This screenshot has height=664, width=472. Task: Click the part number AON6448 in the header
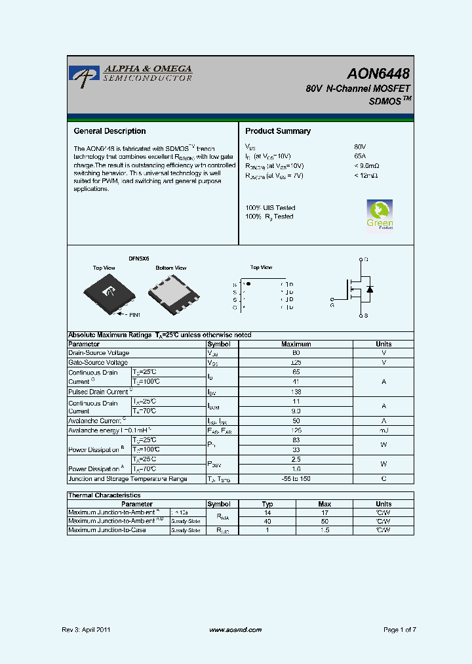click(379, 73)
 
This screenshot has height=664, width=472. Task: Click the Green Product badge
click(380, 215)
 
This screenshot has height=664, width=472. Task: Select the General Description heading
click(109, 131)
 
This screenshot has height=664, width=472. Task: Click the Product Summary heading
click(278, 131)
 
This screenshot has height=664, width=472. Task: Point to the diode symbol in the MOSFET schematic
click(370, 289)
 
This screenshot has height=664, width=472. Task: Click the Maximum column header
click(296, 344)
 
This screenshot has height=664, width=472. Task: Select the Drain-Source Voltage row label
click(99, 353)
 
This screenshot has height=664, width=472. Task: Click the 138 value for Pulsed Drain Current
click(296, 391)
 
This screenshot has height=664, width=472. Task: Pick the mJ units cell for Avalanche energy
click(383, 430)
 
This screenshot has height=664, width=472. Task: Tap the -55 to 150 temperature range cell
click(296, 479)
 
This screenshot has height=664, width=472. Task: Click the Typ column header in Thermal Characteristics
click(268, 504)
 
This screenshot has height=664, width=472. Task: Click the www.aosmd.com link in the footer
click(235, 630)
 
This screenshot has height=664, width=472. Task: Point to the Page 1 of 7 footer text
click(399, 630)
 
